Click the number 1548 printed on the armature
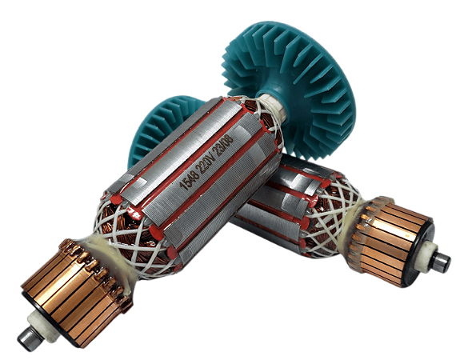pos(187,181)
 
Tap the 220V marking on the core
pos(207,162)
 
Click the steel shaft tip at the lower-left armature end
pos(29,339)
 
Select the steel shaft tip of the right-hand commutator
pos(441,262)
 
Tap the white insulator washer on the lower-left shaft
pos(43,326)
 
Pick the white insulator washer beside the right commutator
pos(428,255)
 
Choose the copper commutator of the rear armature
pos(389,238)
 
